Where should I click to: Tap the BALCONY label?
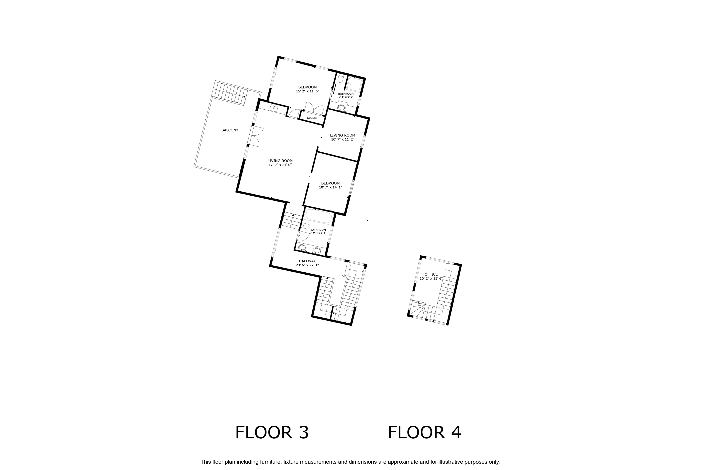tap(230, 130)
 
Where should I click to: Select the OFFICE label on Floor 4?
tap(431, 274)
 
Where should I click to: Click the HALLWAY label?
tap(307, 261)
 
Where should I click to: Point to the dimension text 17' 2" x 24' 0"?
tap(280, 165)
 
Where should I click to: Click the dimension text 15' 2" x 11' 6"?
tap(308, 91)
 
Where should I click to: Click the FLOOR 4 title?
tap(424, 432)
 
